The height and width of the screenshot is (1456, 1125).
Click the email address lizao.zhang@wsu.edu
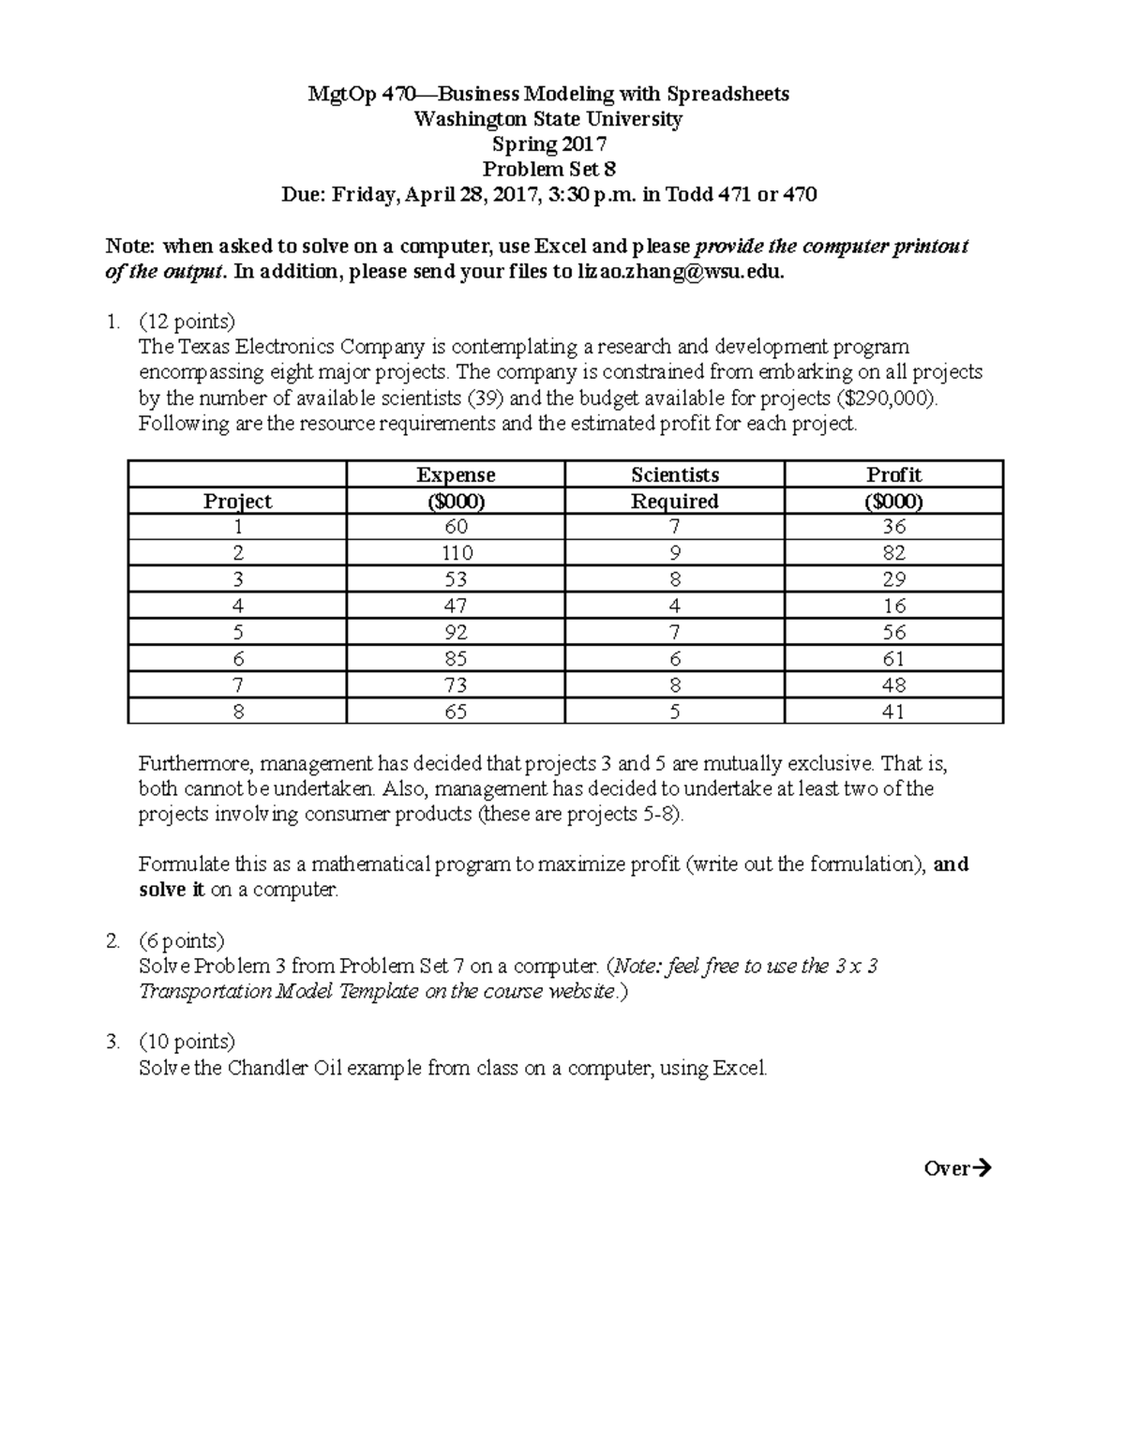point(677,273)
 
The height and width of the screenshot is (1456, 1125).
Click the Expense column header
point(456,475)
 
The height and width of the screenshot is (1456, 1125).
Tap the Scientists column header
point(675,475)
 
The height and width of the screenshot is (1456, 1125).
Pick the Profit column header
point(893,475)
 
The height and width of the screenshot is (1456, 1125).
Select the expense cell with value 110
point(456,553)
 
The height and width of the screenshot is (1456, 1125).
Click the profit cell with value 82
point(893,553)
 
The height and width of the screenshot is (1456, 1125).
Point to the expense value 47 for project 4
point(456,606)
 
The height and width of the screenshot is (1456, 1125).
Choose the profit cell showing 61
point(893,659)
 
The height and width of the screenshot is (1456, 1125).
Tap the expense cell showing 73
point(456,685)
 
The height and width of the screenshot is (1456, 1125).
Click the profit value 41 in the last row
point(893,712)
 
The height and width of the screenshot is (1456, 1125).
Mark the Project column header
point(237,502)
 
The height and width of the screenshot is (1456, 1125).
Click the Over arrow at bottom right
point(957,1168)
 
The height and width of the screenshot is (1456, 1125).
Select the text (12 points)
point(187,322)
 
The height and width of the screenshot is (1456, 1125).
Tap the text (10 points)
point(187,1042)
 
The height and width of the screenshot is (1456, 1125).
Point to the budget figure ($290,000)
point(886,398)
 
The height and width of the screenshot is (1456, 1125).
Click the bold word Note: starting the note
point(130,247)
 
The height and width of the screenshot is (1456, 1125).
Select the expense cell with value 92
point(456,633)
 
